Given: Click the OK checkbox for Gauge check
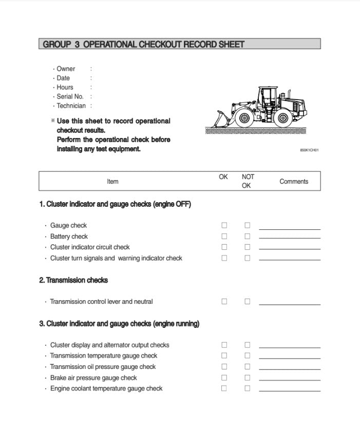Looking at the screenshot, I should [x=224, y=225].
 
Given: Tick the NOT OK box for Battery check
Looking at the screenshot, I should [x=247, y=237].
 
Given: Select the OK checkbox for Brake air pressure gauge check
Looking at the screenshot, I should [x=224, y=378].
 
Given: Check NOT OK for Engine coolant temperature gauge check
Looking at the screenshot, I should [x=247, y=388].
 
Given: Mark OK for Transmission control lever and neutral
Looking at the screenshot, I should [x=224, y=302].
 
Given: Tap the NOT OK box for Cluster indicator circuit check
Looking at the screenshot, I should [x=247, y=247].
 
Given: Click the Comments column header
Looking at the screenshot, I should [x=294, y=181].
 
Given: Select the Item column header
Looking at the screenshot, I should [x=112, y=181].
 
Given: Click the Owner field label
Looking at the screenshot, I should [x=66, y=69].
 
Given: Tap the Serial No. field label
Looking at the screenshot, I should [x=70, y=96].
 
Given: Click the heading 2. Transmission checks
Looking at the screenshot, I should [x=73, y=280].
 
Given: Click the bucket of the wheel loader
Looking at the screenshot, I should [x=218, y=121].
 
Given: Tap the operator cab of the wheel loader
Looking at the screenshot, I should [x=267, y=97].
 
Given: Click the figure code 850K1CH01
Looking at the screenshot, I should [x=309, y=150].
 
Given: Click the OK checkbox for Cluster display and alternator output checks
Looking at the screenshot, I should [x=224, y=345].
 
